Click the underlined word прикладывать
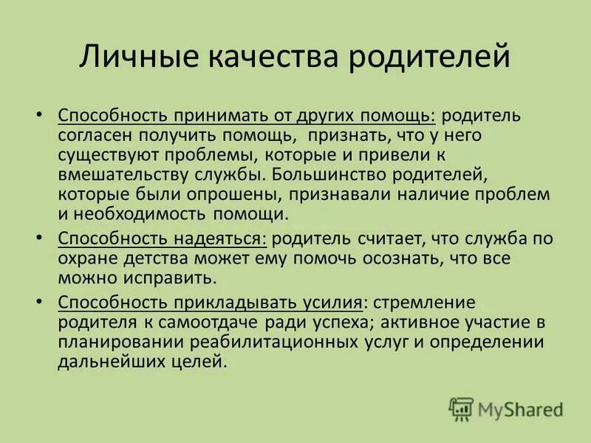click(236, 303)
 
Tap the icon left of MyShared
click(461, 408)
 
